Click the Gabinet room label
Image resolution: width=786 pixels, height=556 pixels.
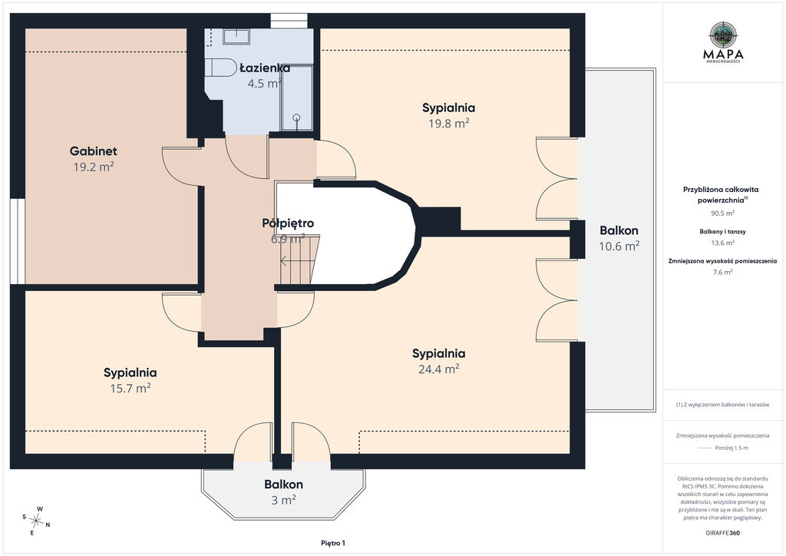click(93, 151)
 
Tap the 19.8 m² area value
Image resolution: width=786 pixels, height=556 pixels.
click(448, 124)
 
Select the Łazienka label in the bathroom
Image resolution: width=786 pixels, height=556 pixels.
click(265, 68)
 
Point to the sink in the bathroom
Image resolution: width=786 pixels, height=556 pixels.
click(236, 36)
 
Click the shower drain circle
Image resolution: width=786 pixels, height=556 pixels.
click(296, 117)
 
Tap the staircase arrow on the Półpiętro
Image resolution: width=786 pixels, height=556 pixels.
click(290, 260)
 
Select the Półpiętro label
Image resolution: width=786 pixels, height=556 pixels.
click(288, 223)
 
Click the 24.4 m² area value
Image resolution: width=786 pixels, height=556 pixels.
click(438, 369)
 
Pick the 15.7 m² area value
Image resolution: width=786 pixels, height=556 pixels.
click(130, 388)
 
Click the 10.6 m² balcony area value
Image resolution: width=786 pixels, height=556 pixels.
click(619, 247)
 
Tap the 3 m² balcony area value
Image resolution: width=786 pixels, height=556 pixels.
click(284, 500)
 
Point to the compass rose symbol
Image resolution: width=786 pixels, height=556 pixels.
click(36, 521)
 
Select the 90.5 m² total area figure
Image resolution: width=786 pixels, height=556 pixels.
click(723, 213)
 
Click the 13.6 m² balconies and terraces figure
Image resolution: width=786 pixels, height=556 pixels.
click(723, 243)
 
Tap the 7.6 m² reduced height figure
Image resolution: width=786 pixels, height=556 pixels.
click(723, 272)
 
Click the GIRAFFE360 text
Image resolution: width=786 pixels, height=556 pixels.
click(722, 533)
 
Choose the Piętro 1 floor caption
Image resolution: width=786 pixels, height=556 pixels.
click(333, 543)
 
